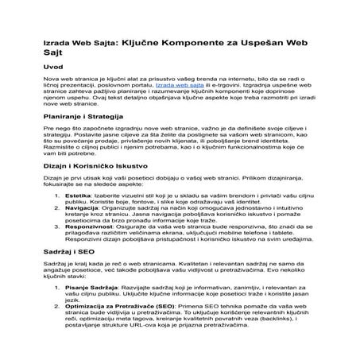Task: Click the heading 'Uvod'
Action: point(52,68)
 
